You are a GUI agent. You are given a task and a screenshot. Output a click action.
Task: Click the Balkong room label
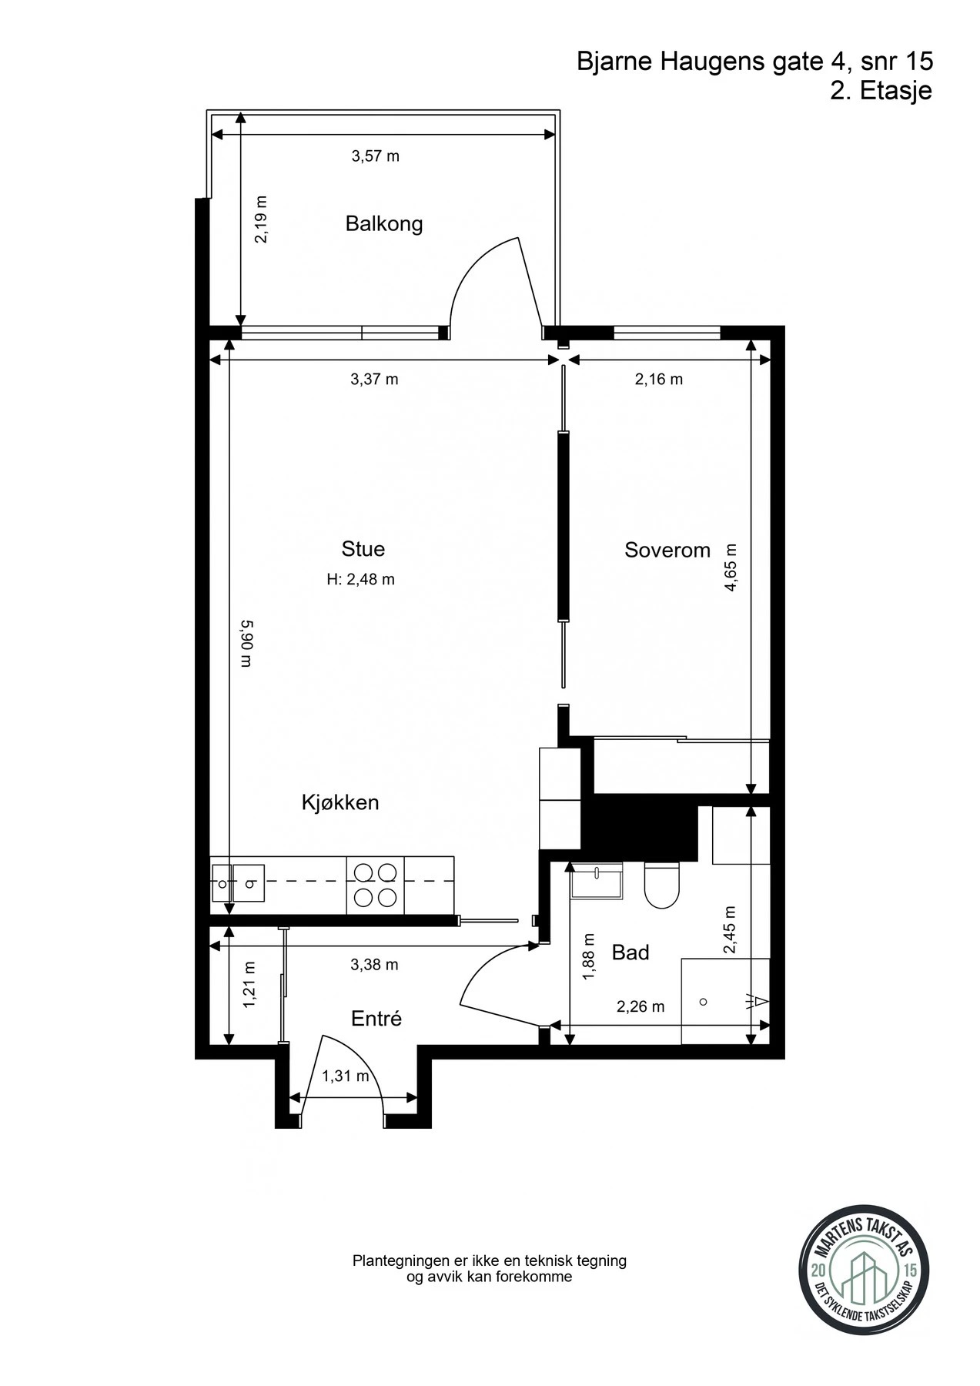point(384,224)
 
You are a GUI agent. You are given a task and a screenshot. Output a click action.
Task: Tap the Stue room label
point(363,549)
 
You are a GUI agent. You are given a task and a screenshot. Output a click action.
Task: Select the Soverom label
point(667,550)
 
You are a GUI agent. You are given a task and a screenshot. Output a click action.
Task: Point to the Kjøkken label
point(340,802)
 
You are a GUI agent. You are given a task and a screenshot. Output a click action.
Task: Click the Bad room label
point(630,952)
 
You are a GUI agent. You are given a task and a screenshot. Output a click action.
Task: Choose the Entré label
point(376,1019)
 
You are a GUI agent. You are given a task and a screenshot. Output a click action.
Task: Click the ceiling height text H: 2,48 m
point(361,580)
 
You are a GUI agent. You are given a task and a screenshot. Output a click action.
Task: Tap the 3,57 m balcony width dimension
point(376,156)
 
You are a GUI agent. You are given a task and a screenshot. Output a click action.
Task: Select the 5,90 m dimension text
point(246,644)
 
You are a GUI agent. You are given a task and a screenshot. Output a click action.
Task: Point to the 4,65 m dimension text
point(731,567)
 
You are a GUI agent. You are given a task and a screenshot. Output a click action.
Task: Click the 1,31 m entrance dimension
point(346,1076)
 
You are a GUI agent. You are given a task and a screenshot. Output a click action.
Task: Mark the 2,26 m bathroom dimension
point(641,1006)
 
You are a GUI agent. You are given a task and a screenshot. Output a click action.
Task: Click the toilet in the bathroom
point(662,885)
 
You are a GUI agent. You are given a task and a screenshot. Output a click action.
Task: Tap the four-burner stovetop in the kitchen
point(375,885)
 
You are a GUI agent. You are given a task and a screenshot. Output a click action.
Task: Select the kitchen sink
point(238,883)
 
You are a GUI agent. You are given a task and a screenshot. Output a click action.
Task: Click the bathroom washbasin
point(597,880)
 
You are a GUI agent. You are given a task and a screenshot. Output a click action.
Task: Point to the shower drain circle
point(703,1002)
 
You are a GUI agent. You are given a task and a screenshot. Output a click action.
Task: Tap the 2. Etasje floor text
point(881,90)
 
